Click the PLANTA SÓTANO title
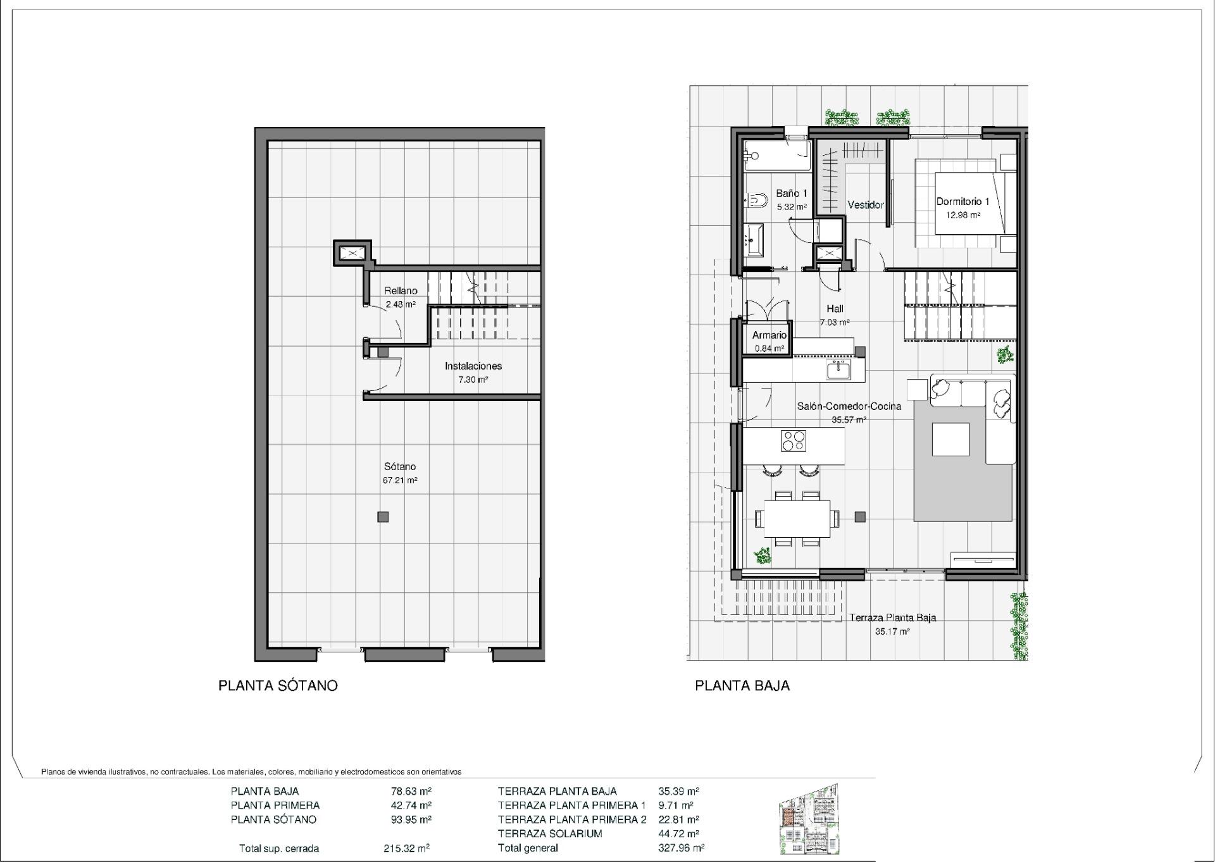tap(278, 686)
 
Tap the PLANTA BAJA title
tap(742, 686)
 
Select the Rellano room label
tap(401, 291)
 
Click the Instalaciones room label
tap(473, 366)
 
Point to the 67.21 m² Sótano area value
tap(400, 480)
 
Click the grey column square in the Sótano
tap(383, 517)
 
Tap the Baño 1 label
tap(792, 194)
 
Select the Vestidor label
tap(865, 205)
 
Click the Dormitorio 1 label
tap(963, 202)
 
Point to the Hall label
tap(835, 309)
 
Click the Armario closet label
tap(769, 335)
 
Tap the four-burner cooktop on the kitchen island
tap(794, 441)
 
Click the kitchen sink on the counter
tap(838, 369)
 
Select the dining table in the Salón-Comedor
tap(797, 518)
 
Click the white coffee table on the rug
tap(950, 439)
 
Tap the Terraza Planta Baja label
tap(892, 618)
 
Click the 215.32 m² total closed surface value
tap(406, 848)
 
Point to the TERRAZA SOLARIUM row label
tap(549, 834)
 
